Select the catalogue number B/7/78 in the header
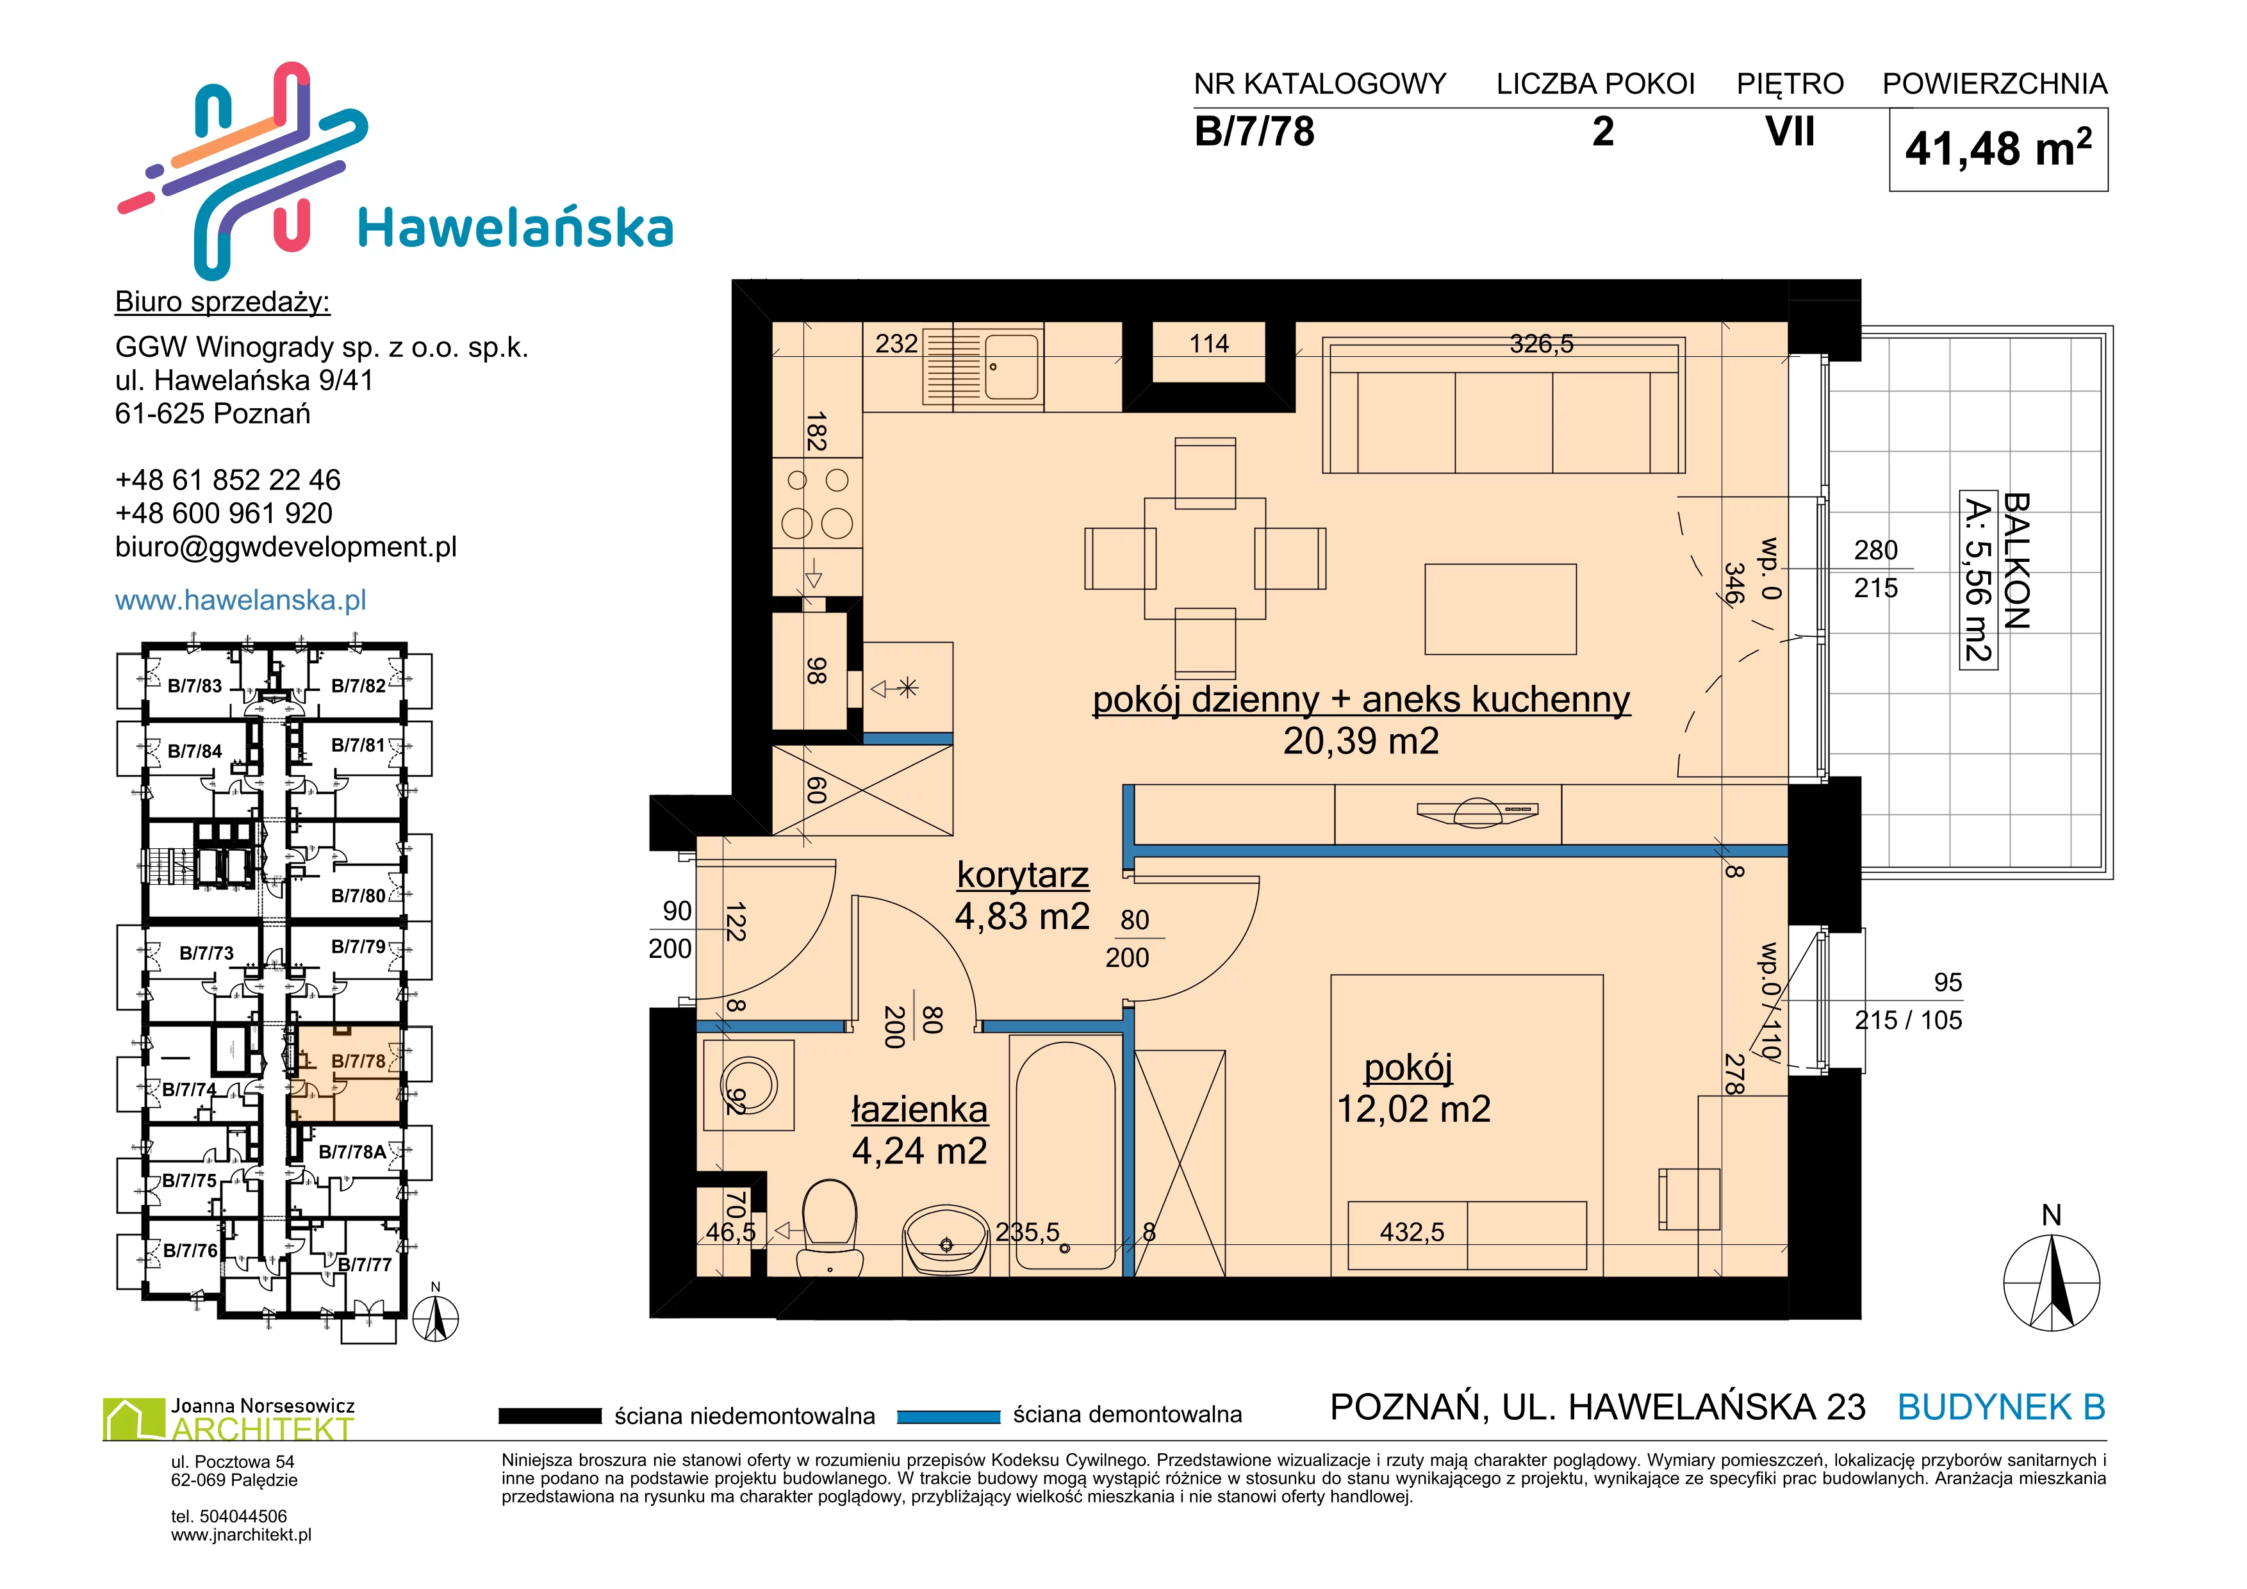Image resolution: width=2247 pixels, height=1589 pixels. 1254,132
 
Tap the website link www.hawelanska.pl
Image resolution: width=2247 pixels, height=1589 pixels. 241,600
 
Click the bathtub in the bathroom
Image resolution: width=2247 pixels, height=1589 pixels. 1065,1155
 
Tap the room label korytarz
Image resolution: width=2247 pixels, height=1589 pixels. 1023,874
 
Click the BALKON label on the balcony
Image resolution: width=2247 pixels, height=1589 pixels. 2016,561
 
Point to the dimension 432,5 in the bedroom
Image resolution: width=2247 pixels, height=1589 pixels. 1412,1232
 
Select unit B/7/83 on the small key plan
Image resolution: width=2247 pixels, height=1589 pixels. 195,686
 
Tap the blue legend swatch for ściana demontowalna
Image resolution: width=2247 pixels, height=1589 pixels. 948,1416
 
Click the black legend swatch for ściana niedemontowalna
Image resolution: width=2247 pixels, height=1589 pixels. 550,1416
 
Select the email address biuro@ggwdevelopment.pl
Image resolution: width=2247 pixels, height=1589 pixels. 286,547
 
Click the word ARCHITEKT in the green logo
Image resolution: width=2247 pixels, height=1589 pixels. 262,1429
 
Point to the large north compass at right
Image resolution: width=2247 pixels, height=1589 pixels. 2052,1281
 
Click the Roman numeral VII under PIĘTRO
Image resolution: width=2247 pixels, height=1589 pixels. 1790,132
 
